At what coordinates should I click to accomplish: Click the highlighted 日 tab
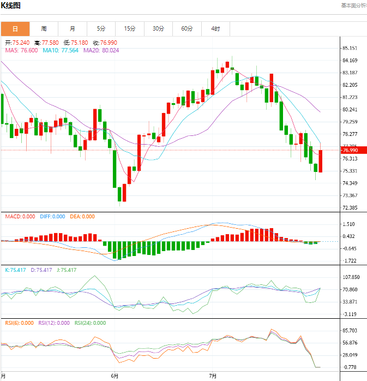pyautogui.click(x=15, y=28)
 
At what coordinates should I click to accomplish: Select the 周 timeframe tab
pyautogui.click(x=44, y=28)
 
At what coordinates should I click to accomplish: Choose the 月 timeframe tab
pyautogui.click(x=73, y=28)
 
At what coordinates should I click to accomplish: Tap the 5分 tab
pyautogui.click(x=101, y=28)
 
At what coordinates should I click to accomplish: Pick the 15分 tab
pyautogui.click(x=130, y=28)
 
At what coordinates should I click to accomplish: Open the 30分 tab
pyautogui.click(x=158, y=28)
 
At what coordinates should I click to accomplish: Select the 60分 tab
pyautogui.click(x=187, y=28)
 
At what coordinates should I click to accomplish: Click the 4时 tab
pyautogui.click(x=215, y=28)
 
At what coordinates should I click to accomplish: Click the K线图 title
pyautogui.click(x=11, y=5)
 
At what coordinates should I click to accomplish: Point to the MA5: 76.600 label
pyautogui.click(x=21, y=50)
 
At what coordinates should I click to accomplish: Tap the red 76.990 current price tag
pyautogui.click(x=350, y=150)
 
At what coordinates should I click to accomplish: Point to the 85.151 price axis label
pyautogui.click(x=350, y=48)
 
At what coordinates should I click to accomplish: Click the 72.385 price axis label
pyautogui.click(x=350, y=208)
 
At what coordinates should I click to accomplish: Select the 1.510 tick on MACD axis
pyautogui.click(x=348, y=224)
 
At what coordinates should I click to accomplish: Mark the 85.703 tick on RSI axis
pyautogui.click(x=350, y=331)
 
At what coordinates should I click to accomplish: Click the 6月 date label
pyautogui.click(x=114, y=376)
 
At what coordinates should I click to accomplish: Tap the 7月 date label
pyautogui.click(x=213, y=376)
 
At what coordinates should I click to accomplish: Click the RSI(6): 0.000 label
pyautogui.click(x=19, y=323)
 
